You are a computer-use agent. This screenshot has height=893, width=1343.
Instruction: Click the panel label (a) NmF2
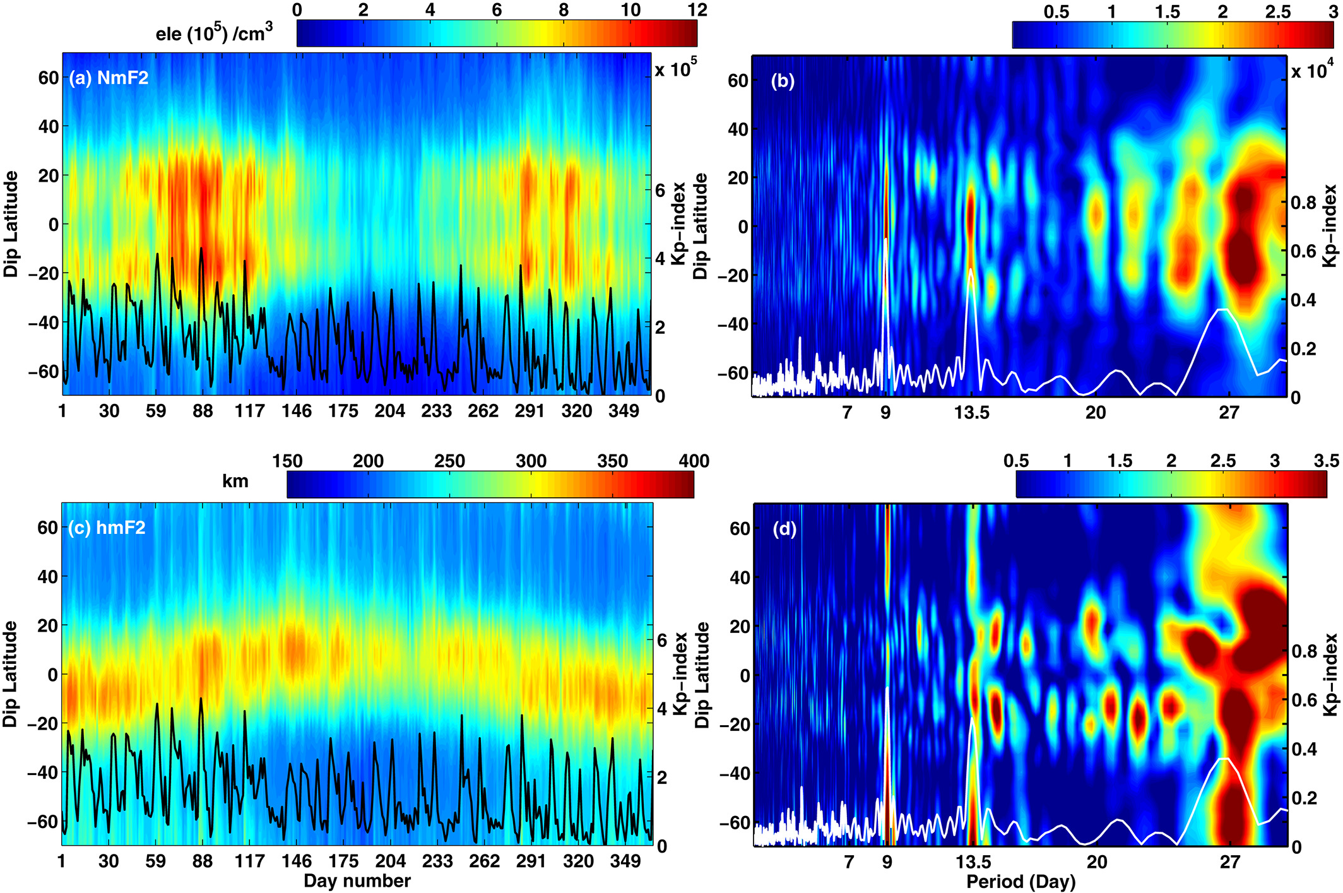click(x=109, y=78)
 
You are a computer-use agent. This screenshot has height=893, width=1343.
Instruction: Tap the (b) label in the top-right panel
click(x=783, y=81)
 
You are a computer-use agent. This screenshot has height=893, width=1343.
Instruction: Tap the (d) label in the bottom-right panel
click(x=784, y=529)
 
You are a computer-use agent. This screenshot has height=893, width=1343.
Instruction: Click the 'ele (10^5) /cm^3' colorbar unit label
click(x=214, y=32)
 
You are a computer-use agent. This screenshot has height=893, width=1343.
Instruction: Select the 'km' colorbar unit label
click(x=235, y=482)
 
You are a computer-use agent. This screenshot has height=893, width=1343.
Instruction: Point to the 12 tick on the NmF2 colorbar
click(x=697, y=9)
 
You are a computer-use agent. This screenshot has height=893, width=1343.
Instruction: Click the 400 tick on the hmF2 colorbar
click(x=694, y=461)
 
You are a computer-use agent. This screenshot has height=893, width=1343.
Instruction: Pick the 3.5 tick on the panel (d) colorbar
click(x=1326, y=461)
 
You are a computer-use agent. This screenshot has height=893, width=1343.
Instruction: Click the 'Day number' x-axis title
click(x=357, y=881)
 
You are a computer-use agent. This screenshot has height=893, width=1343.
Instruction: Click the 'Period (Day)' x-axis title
click(x=1021, y=882)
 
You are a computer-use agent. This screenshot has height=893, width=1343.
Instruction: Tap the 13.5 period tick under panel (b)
click(x=972, y=413)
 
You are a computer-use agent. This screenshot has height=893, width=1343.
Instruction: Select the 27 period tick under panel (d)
click(x=1229, y=862)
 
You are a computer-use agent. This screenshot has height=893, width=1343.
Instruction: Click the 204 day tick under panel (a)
click(x=389, y=411)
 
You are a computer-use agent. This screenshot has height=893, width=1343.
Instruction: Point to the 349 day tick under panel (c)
click(x=625, y=861)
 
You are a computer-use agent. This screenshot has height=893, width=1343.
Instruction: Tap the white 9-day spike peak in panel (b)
click(x=886, y=240)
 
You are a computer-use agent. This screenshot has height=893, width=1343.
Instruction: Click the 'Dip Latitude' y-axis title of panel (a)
click(x=11, y=224)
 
